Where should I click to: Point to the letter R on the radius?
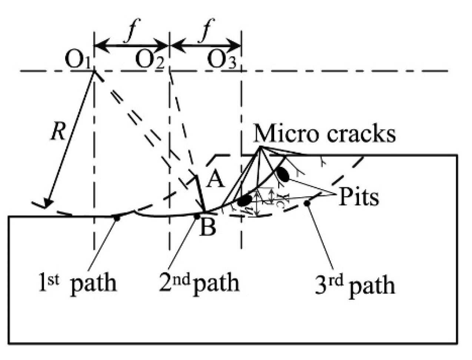pos(58,133)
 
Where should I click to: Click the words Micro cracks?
pos(324,134)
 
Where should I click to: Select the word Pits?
pos(359,198)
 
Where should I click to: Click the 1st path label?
pos(77,283)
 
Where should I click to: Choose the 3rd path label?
pos(355,286)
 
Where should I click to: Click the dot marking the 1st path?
pos(117,218)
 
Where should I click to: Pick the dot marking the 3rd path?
pos(307,203)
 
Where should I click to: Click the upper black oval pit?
pos(283,175)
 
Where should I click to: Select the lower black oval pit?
pos(244,201)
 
